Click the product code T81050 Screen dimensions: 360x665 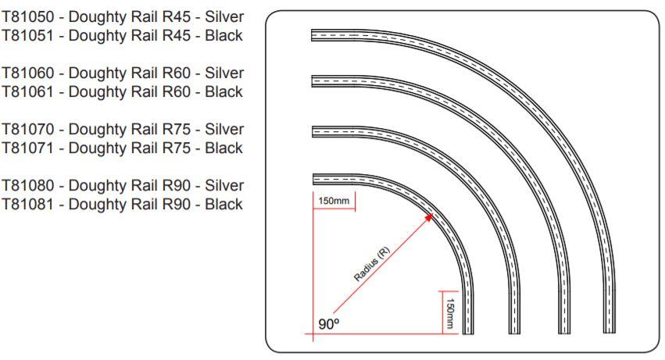pos(29,16)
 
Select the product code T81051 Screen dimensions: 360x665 pos(29,35)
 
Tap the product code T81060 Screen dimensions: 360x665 pos(29,73)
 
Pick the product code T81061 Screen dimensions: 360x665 pos(29,91)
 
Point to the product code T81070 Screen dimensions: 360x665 pos(29,129)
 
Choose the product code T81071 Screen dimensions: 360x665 pos(29,148)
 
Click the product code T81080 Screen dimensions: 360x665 pos(29,186)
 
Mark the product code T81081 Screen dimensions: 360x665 pos(29,205)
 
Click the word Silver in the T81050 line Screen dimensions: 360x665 pos(224,16)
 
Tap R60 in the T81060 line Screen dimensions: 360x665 pos(177,73)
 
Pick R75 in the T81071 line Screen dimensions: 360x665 pos(177,148)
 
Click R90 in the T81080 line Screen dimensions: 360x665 pos(177,186)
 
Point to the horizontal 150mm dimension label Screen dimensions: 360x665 pos(333,201)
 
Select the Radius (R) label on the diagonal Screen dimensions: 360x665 pos(372,266)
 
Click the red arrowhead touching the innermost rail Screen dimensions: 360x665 pos(429,216)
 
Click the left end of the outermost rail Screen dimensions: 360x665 pos(313,34)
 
